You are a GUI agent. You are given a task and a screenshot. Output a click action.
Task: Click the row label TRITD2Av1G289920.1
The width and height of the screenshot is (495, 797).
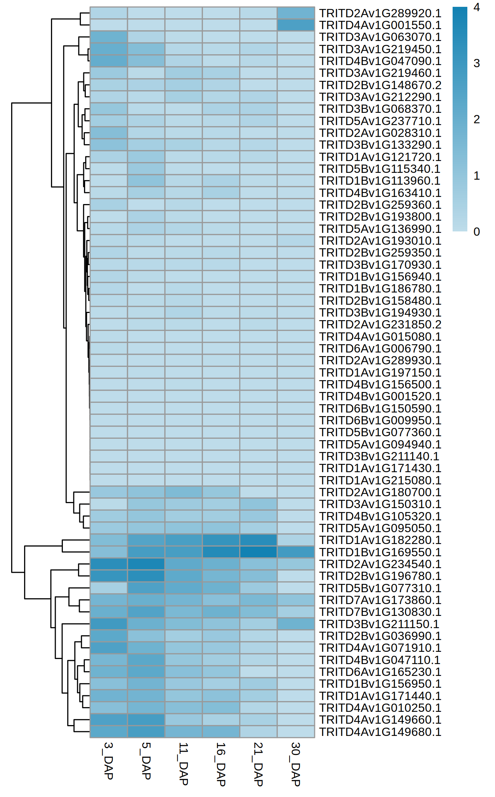[x=380, y=13]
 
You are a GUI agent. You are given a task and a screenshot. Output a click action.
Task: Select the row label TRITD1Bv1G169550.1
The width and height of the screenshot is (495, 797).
[x=380, y=552]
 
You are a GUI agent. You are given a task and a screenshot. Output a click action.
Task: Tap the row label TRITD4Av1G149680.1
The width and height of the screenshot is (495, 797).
[x=380, y=732]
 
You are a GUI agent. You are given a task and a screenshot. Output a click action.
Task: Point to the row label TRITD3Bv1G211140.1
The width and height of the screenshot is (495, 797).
[x=379, y=456]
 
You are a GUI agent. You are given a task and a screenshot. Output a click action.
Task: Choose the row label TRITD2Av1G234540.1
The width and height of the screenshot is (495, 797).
[x=380, y=564]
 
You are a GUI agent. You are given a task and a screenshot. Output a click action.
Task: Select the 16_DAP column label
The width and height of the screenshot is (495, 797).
[x=221, y=764]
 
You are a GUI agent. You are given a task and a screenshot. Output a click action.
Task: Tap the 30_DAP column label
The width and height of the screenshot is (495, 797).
[x=295, y=764]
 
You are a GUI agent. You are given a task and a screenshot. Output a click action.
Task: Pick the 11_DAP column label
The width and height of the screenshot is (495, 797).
[x=183, y=764]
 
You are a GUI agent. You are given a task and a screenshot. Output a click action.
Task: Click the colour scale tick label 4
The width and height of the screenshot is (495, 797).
[x=477, y=7]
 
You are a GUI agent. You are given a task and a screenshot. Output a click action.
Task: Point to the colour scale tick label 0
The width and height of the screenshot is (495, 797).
[x=477, y=232]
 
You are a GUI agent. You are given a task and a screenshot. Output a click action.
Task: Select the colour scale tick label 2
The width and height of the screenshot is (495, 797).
[x=477, y=119]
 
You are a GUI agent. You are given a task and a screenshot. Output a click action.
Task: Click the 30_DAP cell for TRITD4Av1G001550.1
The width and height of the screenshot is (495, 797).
[x=296, y=25]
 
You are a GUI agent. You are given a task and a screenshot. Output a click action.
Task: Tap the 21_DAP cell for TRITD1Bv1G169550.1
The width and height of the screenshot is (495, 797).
[x=258, y=552]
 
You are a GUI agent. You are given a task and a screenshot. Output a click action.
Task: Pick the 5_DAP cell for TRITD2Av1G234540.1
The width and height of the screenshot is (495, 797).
[x=146, y=564]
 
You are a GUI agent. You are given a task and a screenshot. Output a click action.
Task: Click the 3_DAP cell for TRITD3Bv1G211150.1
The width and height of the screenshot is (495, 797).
[x=108, y=624]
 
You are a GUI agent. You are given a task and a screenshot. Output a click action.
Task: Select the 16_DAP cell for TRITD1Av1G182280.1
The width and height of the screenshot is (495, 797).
[x=221, y=540]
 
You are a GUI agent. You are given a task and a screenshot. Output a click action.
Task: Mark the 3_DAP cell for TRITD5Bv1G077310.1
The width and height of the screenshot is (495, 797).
[x=108, y=588]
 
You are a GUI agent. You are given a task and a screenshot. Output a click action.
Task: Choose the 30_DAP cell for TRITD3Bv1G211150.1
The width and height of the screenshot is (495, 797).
[x=296, y=624]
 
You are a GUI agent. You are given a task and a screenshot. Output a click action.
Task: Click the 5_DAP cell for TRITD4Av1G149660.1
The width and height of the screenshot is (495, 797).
[x=146, y=720]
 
